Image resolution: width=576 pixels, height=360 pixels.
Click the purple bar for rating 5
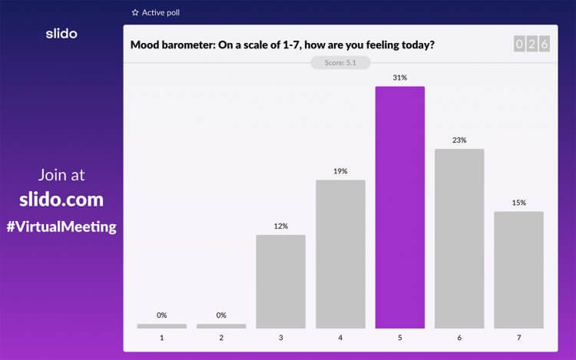click(x=399, y=207)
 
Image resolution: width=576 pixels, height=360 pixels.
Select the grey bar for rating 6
click(x=459, y=239)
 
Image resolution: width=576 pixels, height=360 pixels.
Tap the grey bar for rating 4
click(x=340, y=254)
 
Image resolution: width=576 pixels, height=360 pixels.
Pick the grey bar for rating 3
click(x=280, y=281)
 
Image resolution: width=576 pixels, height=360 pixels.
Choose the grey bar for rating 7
click(x=518, y=269)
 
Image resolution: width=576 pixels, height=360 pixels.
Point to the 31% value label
click(x=399, y=78)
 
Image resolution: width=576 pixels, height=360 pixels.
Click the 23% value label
click(x=459, y=140)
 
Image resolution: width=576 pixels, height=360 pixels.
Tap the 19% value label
click(x=340, y=171)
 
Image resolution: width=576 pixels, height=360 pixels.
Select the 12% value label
click(x=280, y=226)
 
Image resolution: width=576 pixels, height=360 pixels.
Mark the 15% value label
click(x=518, y=203)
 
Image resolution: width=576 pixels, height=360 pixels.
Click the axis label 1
click(x=161, y=338)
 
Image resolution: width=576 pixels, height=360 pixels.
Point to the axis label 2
click(x=221, y=338)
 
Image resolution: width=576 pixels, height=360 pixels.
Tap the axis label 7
click(x=518, y=338)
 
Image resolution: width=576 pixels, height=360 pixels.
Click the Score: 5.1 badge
click(x=339, y=63)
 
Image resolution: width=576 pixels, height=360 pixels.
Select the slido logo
click(x=61, y=34)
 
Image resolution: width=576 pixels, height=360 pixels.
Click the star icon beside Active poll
click(x=135, y=13)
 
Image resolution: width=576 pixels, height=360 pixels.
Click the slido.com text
click(x=61, y=200)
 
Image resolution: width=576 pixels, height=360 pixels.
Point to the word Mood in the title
click(x=145, y=45)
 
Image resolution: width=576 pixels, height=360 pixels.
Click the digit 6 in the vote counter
click(x=545, y=45)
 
